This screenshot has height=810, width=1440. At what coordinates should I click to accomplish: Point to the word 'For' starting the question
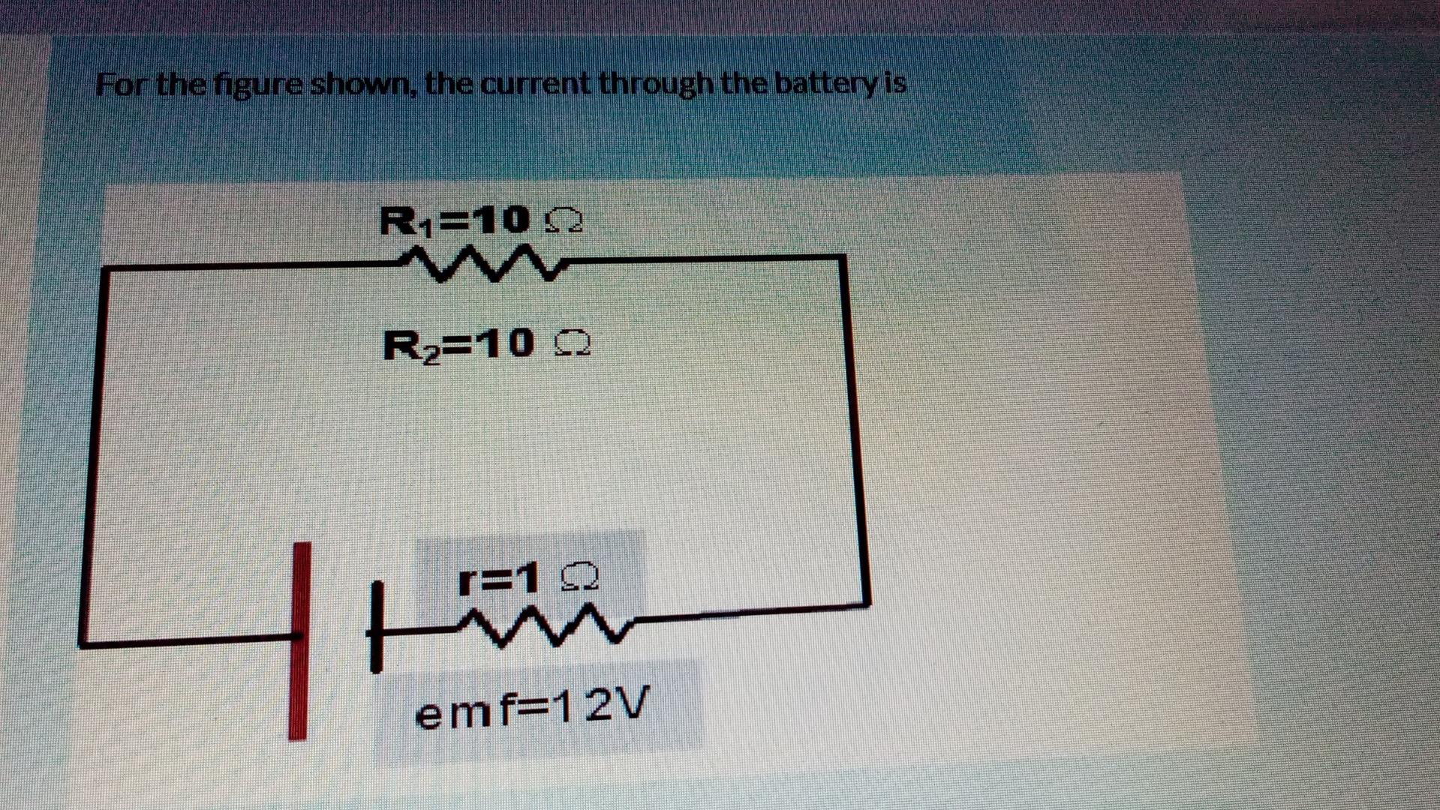(x=124, y=85)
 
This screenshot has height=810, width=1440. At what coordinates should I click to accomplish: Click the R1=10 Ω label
(x=481, y=220)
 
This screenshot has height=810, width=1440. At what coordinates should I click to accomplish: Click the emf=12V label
(x=530, y=707)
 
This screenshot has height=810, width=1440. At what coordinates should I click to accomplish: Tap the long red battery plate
(x=300, y=641)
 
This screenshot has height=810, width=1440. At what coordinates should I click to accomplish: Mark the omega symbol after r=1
(x=581, y=578)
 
